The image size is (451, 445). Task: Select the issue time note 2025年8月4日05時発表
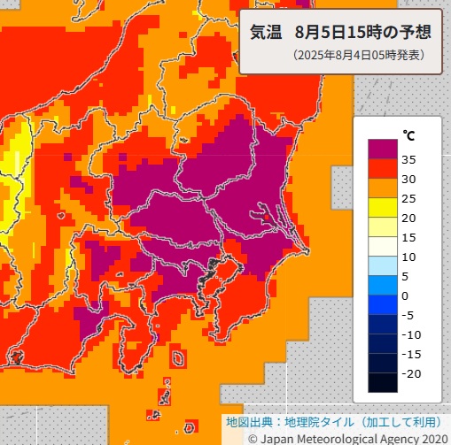358,55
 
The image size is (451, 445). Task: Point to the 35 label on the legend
409,159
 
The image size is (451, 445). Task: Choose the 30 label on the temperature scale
409,179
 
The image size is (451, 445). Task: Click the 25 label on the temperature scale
409,198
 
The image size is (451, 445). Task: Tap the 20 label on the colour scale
409,218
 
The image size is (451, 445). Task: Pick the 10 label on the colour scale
409,257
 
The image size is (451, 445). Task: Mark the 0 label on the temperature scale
406,295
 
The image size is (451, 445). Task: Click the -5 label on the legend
409,315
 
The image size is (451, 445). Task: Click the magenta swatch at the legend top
382,149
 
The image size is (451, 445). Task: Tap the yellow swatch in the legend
382,207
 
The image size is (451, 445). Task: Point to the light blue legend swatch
382,265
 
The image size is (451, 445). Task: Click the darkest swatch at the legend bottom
382,382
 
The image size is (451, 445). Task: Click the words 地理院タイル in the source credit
321,421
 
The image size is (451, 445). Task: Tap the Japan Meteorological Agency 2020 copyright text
354,437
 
